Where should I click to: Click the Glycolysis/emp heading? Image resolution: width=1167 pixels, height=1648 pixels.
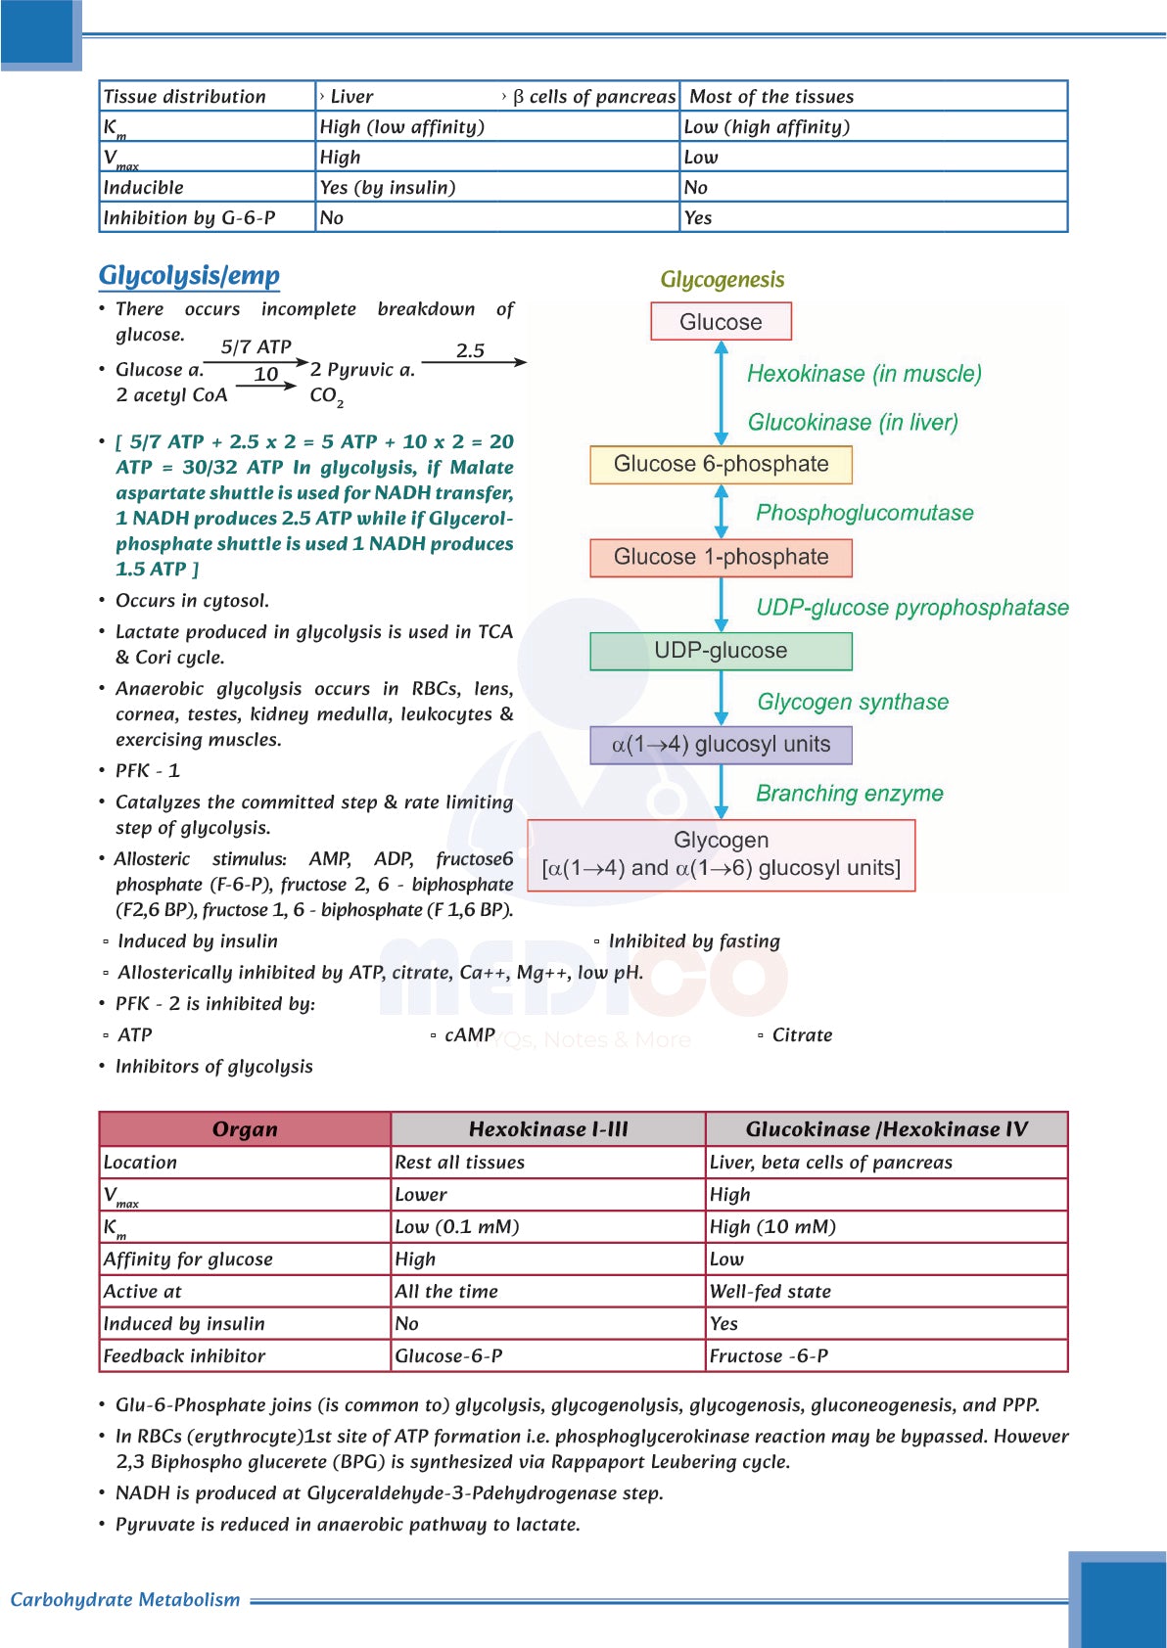click(x=189, y=276)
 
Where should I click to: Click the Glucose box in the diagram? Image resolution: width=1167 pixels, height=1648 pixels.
click(x=721, y=322)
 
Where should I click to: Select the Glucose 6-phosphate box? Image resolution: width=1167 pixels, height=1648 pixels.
click(x=721, y=464)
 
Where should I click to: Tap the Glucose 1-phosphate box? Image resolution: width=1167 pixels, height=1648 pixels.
click(x=721, y=557)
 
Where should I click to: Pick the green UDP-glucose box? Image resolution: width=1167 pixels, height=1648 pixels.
click(x=721, y=651)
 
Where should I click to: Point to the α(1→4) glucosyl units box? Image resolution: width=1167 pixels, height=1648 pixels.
click(x=721, y=745)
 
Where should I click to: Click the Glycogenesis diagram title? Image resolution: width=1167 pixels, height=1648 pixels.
click(x=723, y=280)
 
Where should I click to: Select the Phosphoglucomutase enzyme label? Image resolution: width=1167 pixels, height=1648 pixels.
click(x=864, y=513)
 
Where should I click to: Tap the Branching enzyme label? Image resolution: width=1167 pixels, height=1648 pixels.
click(x=849, y=794)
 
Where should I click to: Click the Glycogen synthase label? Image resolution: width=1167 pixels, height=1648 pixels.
click(x=853, y=702)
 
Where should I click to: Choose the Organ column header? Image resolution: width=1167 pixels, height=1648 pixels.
click(x=245, y=1129)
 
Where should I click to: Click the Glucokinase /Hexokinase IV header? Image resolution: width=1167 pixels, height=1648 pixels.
click(x=886, y=1129)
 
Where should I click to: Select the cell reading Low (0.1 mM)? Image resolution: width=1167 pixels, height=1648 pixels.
click(x=457, y=1227)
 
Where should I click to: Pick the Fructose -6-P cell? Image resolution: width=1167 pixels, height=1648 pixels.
click(x=769, y=1356)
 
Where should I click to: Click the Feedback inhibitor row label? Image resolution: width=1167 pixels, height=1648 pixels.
click(x=184, y=1356)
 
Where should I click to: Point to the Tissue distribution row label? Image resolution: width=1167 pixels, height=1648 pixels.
click(x=184, y=97)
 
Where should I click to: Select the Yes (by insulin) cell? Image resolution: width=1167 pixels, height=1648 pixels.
click(x=388, y=188)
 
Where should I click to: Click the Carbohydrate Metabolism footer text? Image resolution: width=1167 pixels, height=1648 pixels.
click(x=125, y=1599)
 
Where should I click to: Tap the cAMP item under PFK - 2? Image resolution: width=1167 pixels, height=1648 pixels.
click(x=469, y=1035)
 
